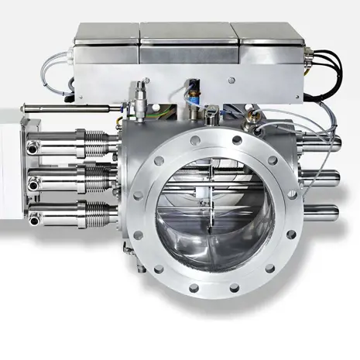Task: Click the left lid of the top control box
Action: pyautogui.click(x=108, y=32)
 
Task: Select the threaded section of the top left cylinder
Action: pyautogui.click(x=97, y=142)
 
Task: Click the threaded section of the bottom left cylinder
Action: pyautogui.click(x=97, y=211)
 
